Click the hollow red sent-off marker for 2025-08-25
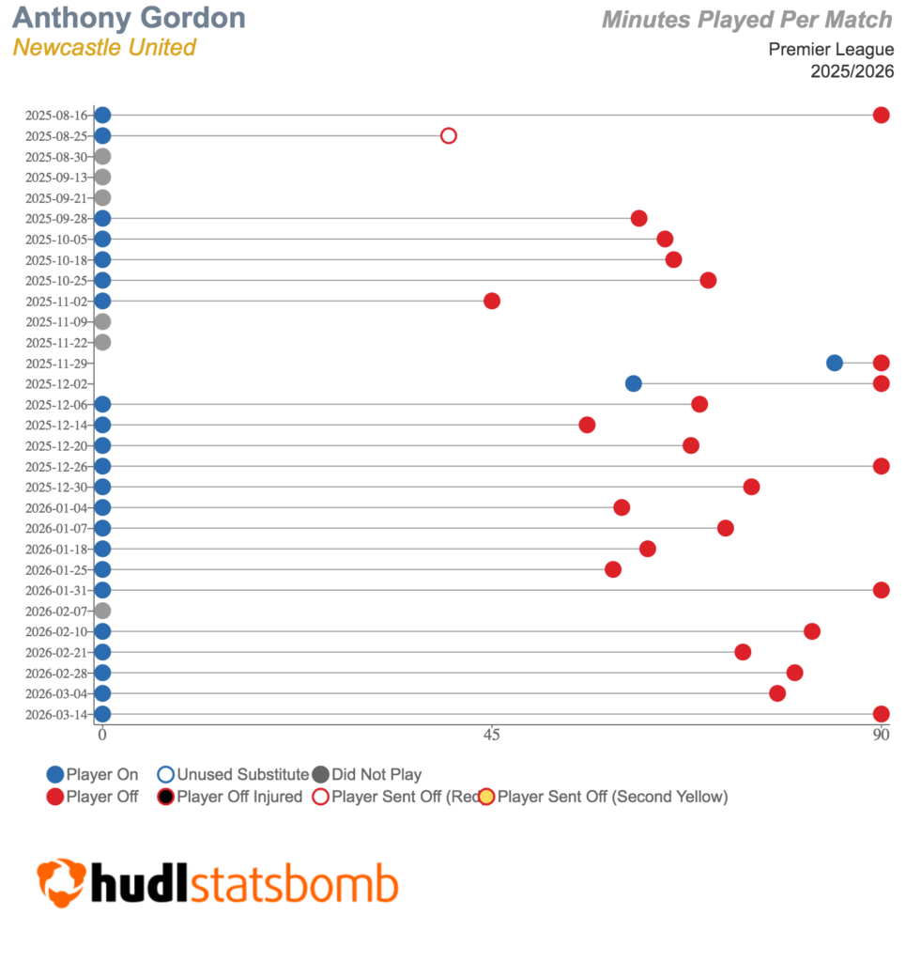[x=449, y=136]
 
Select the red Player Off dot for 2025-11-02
[x=492, y=302]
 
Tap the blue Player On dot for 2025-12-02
[x=634, y=383]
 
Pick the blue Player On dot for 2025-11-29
[x=835, y=363]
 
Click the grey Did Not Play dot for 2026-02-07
[x=102, y=611]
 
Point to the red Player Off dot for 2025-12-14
[x=588, y=425]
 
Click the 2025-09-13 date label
[x=56, y=178]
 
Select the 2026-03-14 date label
[x=56, y=714]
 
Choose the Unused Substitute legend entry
[x=233, y=775]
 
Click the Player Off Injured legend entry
[x=229, y=798]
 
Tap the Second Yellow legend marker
[x=486, y=798]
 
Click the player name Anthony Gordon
[x=130, y=18]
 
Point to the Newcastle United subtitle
[x=104, y=47]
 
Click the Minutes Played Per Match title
[x=747, y=19]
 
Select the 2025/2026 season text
[x=852, y=71]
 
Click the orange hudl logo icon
[x=62, y=881]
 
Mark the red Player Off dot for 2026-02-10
[x=812, y=631]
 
